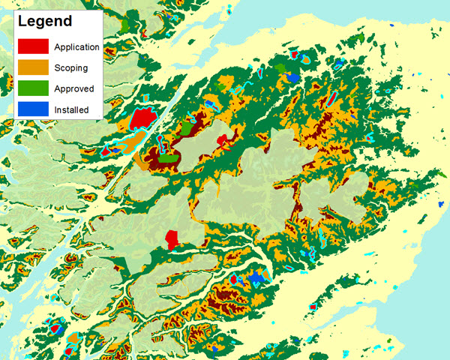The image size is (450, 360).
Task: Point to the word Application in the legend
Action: point(76,46)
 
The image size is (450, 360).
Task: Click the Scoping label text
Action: point(70,67)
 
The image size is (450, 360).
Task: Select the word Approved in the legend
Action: point(73,88)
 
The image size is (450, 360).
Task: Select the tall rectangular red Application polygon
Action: point(172,240)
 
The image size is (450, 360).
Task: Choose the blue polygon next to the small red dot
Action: point(257,278)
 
